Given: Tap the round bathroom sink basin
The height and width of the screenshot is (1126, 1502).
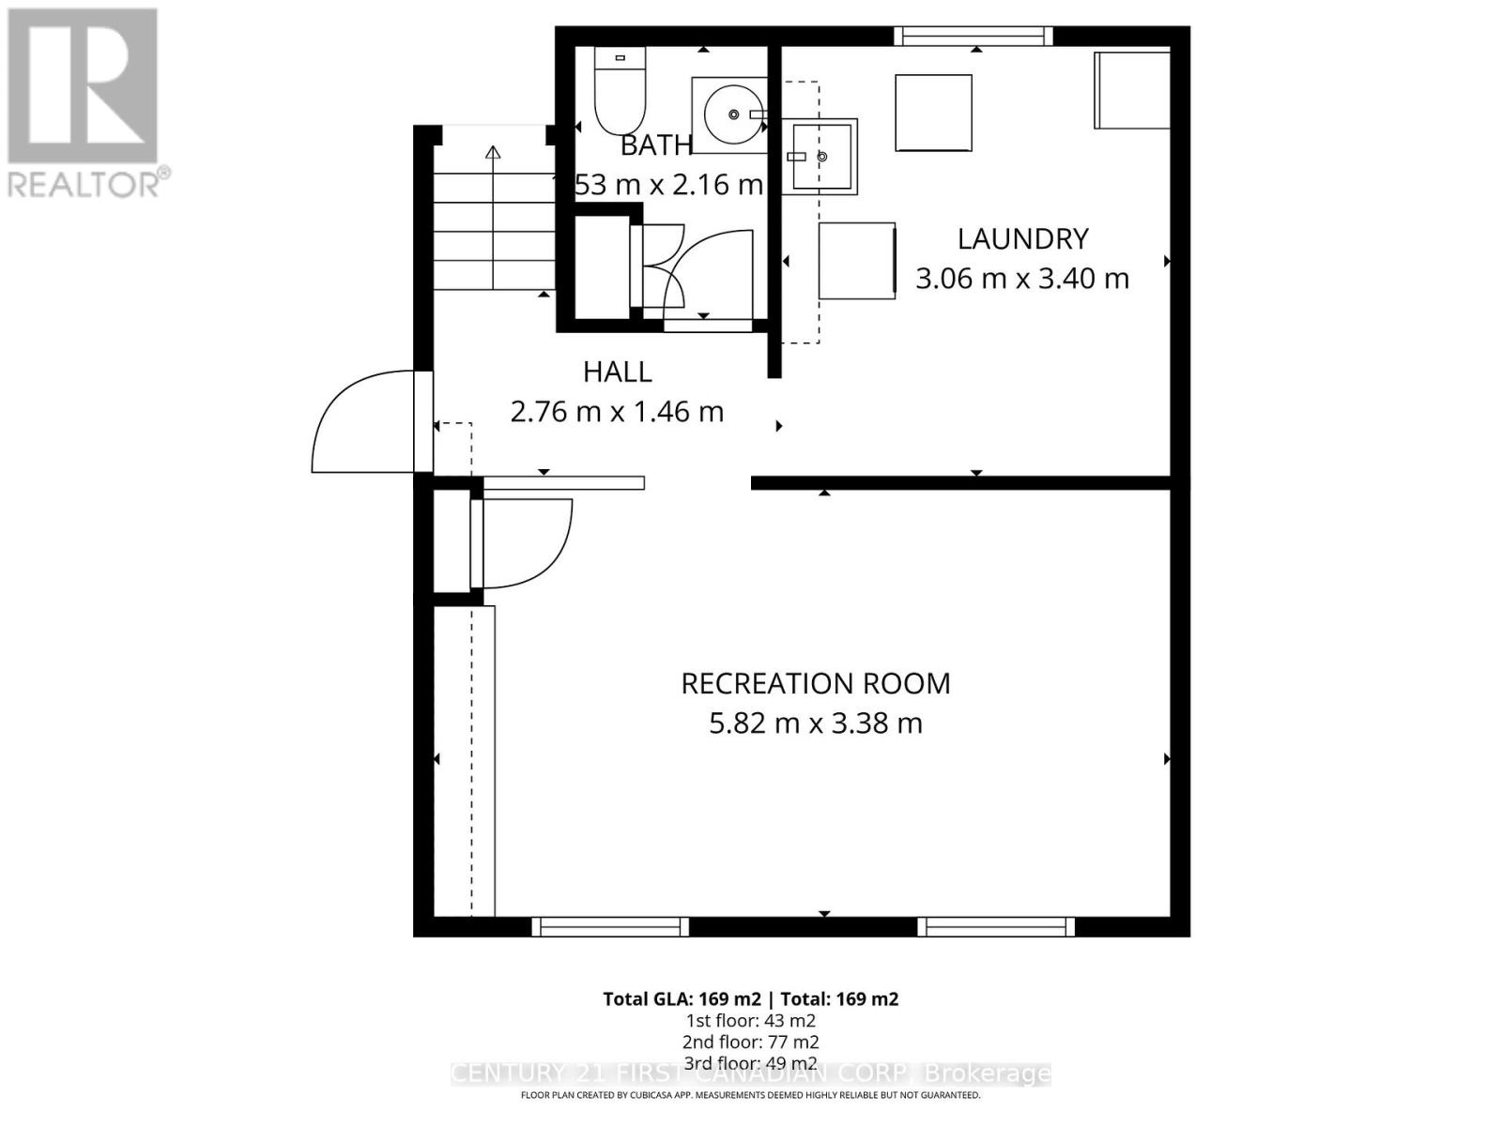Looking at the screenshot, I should click(733, 114).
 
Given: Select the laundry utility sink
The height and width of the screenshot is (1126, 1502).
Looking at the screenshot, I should click(819, 157).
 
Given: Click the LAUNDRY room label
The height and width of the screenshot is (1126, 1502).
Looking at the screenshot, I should click(1022, 238).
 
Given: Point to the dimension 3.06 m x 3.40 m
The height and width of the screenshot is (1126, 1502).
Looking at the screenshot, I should click(1021, 279).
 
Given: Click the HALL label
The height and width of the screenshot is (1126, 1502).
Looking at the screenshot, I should click(617, 372).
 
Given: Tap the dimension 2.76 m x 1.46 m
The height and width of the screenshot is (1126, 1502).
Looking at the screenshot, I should click(617, 412).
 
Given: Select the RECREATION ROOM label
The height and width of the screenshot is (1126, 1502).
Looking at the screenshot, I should click(815, 683).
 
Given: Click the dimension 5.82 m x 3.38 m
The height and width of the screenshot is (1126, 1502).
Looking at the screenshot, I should click(815, 723).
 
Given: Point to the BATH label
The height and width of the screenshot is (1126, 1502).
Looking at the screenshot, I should click(656, 145).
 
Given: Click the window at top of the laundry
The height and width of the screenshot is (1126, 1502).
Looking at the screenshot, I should click(973, 37).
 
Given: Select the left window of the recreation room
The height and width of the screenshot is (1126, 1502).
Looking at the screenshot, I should click(610, 926).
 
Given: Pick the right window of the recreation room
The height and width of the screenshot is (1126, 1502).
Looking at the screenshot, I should click(995, 926).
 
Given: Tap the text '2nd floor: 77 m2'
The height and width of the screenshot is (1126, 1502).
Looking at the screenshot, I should click(750, 1042).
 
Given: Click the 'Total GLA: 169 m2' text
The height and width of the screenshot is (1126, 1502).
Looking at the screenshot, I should click(681, 999).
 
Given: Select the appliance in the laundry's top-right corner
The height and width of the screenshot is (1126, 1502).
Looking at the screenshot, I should click(1132, 90).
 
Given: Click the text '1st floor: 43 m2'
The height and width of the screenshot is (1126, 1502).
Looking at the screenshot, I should click(750, 1021).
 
